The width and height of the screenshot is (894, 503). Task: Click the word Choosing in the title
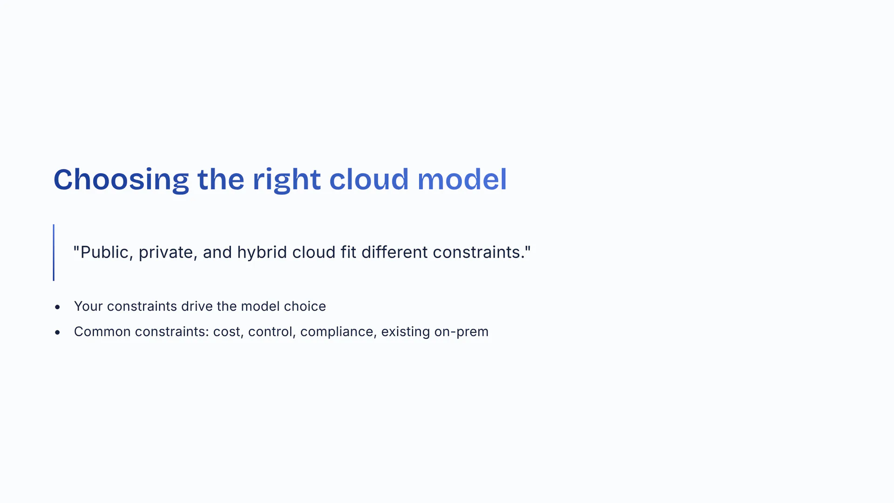coord(121,180)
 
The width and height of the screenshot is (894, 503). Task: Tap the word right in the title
coord(286,180)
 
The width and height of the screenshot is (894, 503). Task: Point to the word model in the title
coord(462,179)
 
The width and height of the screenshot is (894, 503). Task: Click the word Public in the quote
coord(103,252)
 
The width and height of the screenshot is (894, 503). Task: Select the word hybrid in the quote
coord(262,252)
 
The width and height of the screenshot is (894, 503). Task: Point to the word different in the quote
coord(394,252)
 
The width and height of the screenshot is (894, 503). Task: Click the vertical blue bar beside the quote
coord(54,252)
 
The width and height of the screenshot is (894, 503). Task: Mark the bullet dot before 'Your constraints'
coord(57,307)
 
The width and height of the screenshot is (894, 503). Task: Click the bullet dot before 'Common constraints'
coord(57,332)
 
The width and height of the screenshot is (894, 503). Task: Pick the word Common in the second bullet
coord(102,332)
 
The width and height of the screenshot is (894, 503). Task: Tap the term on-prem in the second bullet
coord(461,332)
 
